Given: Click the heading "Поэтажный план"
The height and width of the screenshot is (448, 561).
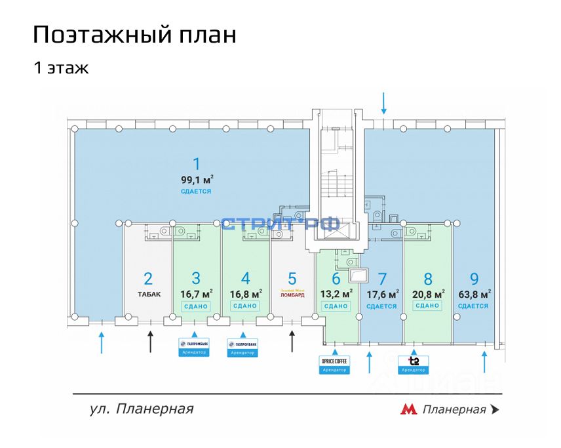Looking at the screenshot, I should [134, 34].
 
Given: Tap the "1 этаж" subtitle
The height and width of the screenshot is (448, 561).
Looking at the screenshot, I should [61, 68].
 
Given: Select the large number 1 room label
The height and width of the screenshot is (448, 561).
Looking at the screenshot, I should [195, 163].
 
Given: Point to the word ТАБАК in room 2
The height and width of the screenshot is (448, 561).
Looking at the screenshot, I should [148, 294].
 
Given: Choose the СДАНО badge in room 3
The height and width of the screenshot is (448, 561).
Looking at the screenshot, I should [195, 306].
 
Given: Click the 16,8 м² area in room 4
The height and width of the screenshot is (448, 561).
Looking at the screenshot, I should [245, 293].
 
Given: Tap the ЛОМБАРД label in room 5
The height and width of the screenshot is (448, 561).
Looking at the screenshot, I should [292, 295].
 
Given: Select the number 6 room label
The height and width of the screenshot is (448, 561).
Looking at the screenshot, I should [336, 278].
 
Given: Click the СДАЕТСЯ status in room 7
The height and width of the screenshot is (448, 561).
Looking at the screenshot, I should [381, 306].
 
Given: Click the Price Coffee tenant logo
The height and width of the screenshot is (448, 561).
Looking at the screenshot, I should [335, 361].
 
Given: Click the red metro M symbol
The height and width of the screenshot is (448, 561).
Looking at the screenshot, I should [409, 410].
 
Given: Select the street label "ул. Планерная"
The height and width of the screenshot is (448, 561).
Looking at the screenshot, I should [142, 409].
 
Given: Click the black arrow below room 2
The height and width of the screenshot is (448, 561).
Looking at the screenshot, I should [151, 341].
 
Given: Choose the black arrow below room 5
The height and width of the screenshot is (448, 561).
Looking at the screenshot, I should [292, 341].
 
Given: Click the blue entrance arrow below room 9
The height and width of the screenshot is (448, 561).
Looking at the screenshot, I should [485, 361].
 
